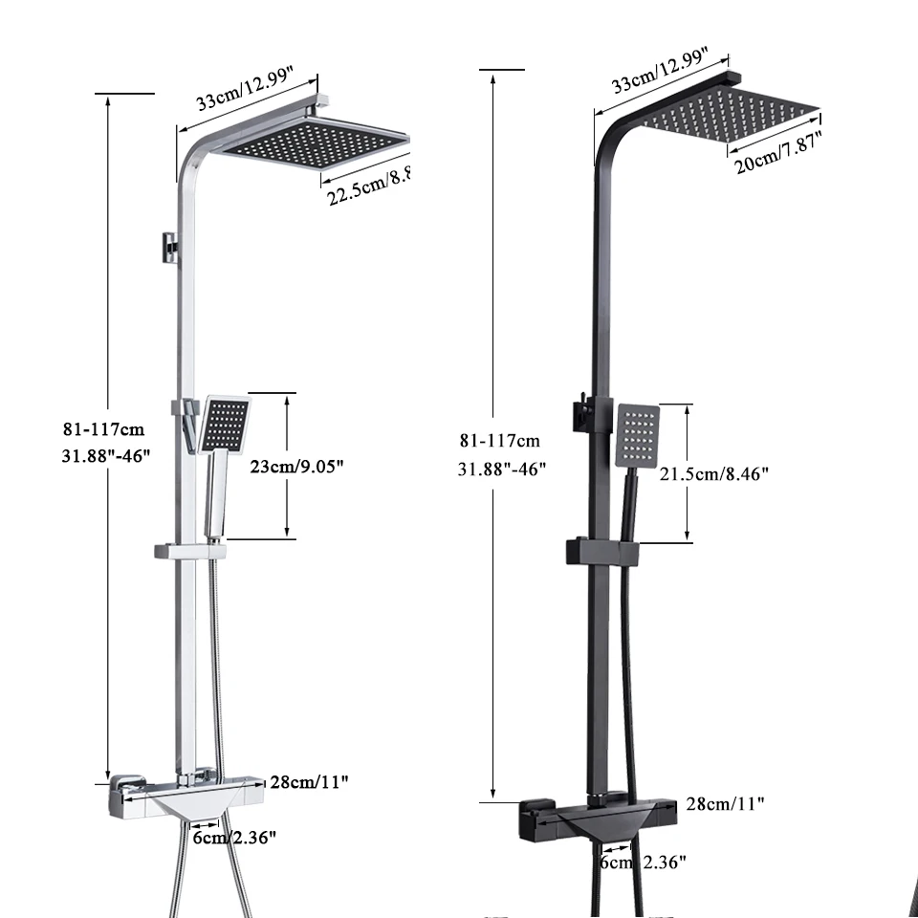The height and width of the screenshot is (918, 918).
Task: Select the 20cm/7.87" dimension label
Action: (x=776, y=151)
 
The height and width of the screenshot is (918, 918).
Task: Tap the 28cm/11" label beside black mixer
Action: (x=725, y=804)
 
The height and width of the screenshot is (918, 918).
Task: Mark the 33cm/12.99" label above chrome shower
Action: (x=245, y=93)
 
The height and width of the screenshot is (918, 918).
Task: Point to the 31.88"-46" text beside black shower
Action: (x=501, y=469)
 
